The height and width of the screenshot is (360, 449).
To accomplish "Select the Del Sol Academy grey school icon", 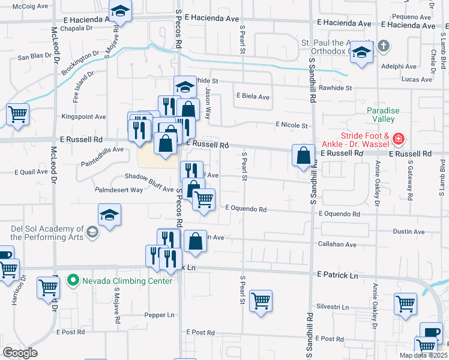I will (92, 232).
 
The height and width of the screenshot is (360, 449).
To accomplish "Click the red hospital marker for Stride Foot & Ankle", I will (397, 140).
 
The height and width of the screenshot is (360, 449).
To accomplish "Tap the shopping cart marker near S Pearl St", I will (261, 301).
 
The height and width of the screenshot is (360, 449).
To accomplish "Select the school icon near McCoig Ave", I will (121, 11).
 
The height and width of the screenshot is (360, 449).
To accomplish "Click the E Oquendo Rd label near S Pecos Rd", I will (246, 209).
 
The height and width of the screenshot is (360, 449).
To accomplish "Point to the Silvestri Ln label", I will (333, 306).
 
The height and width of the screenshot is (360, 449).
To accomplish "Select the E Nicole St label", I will (291, 125).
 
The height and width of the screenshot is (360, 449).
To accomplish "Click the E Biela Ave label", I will (253, 95).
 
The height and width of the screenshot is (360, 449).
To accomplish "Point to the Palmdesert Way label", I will (118, 190).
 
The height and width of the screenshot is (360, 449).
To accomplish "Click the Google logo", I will (20, 353).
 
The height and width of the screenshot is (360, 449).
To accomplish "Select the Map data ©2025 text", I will (423, 355).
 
